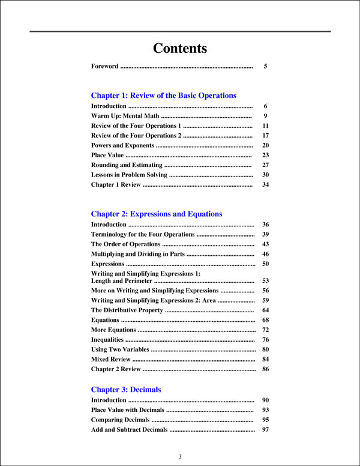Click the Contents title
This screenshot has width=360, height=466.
click(180, 49)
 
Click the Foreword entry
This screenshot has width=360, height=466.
click(105, 67)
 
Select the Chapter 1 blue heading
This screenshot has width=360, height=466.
click(163, 95)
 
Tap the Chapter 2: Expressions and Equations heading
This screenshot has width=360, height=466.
click(156, 214)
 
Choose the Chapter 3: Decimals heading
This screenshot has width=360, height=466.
click(126, 390)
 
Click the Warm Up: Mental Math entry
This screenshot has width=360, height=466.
click(125, 116)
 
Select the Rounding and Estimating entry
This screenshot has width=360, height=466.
click(127, 165)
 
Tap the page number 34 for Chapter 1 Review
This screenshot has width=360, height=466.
click(265, 185)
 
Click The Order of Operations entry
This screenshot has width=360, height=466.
click(125, 244)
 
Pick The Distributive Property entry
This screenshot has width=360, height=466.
click(127, 310)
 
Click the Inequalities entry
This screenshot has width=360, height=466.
click(108, 340)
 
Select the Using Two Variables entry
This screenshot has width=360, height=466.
click(120, 349)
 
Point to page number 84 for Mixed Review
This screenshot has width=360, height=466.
click(265, 359)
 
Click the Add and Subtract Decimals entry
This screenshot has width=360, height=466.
click(129, 430)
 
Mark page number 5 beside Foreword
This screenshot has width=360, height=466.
click(265, 67)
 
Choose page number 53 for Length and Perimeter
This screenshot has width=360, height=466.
click(265, 281)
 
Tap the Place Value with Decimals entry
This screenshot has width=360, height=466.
click(127, 410)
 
